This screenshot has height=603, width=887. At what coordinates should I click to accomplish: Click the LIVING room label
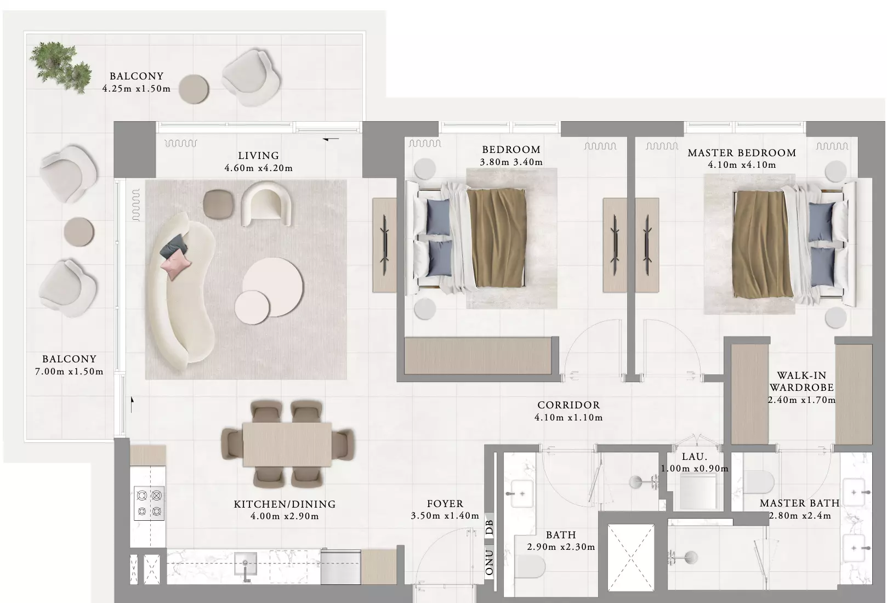pos(258,156)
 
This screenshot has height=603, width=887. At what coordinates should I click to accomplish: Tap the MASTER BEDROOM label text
pos(742,153)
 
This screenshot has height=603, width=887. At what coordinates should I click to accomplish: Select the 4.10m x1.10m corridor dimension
pos(568,417)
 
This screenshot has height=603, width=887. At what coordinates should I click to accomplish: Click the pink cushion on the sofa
pos(175,264)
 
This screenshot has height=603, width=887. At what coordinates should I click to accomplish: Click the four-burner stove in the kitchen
pos(149,503)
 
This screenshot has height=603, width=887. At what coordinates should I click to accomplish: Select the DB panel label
pos(490,527)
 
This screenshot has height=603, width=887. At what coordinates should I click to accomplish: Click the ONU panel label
pos(490,562)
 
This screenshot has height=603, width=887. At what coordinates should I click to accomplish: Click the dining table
pos(287,444)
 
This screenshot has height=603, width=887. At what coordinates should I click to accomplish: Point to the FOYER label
pos(445,504)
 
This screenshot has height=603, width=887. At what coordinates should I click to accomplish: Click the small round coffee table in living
pos(252,308)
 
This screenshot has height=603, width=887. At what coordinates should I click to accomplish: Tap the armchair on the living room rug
pos(266,203)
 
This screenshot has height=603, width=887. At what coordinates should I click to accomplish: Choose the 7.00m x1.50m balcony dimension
pos(69,371)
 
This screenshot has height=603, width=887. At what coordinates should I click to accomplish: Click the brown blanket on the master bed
pos(762,244)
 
